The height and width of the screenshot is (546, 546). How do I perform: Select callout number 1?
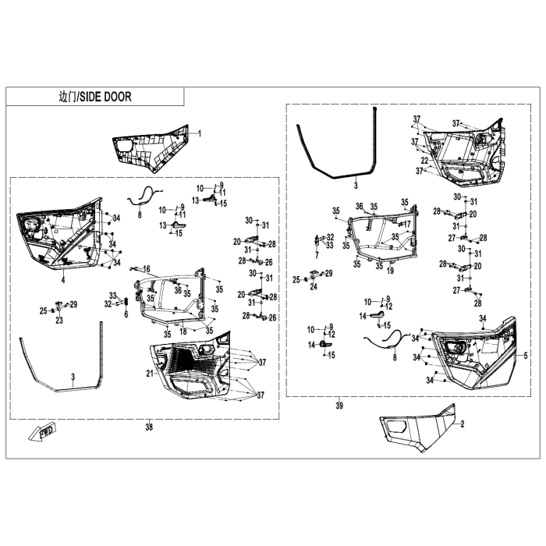click(x=200, y=133)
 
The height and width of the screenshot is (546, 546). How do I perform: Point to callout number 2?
click(x=463, y=424)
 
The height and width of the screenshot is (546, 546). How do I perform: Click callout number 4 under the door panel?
click(x=63, y=279)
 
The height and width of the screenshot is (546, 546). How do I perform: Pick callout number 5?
click(x=526, y=356)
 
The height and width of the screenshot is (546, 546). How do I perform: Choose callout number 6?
click(x=126, y=314)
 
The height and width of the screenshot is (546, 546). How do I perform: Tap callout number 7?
click(x=317, y=256)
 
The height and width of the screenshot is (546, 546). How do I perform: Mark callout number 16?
click(x=147, y=269)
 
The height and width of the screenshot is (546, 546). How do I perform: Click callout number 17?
click(x=407, y=225)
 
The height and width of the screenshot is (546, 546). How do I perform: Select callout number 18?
click(x=183, y=331)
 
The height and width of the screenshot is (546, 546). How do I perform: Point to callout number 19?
click(x=390, y=270)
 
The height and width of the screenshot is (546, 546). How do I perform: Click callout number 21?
click(x=150, y=374)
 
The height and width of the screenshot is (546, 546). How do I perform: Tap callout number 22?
click(x=425, y=161)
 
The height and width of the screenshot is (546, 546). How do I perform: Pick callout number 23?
click(x=59, y=320)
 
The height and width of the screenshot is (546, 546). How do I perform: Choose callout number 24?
click(x=314, y=287)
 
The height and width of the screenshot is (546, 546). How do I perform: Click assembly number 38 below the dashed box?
click(x=149, y=427)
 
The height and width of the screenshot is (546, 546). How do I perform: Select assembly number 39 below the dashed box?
click(x=339, y=406)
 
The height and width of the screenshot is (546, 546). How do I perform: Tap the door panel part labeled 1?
click(x=152, y=149)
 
